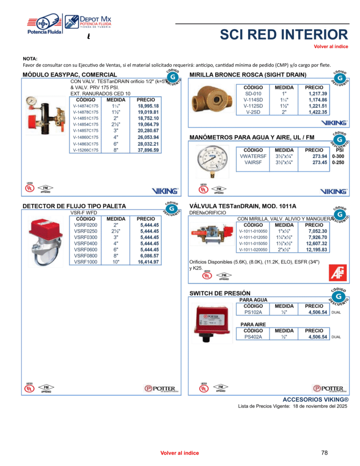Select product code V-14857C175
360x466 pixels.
tap(86, 131)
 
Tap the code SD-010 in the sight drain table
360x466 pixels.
tap(253, 93)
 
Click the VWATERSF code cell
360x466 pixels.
tap(253, 156)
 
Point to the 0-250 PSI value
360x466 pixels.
tap(338, 162)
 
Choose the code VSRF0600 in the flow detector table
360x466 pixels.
tap(86, 249)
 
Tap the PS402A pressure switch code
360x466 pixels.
tap(253, 337)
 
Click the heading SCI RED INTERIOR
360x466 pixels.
tap(284, 35)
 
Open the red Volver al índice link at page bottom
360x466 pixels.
tap(179, 453)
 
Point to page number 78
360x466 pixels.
tap(324, 453)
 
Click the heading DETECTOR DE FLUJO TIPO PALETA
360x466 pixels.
tap(74, 206)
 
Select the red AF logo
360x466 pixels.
tap(338, 273)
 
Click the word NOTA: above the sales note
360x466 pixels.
tap(30, 59)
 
